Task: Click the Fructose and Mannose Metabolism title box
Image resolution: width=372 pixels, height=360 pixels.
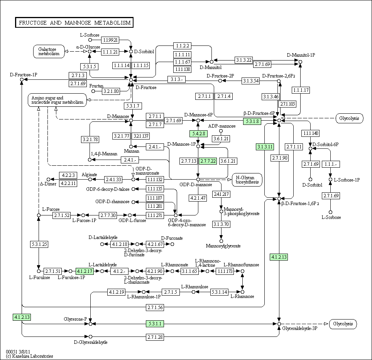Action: [74, 22]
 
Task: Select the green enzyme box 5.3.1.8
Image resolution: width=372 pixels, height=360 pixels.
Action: [252, 121]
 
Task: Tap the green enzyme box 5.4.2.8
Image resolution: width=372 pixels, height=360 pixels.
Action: [199, 134]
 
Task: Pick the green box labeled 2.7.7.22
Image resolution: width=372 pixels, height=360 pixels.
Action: [208, 161]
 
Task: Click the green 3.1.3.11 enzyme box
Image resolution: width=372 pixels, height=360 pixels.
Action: [265, 147]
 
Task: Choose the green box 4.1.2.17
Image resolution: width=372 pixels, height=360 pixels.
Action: [85, 271]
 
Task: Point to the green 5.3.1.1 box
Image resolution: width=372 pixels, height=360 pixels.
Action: [155, 323]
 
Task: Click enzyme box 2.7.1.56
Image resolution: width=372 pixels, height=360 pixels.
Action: [155, 307]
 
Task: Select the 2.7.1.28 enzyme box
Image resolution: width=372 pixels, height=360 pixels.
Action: [155, 337]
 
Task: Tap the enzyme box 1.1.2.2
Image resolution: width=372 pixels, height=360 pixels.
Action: [182, 45]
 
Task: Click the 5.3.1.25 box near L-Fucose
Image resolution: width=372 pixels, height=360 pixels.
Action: [39, 244]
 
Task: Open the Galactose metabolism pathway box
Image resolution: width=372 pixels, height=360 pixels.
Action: [49, 51]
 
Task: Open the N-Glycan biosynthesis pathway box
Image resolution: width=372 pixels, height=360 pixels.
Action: [247, 180]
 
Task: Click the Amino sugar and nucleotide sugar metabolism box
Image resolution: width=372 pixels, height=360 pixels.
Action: [57, 100]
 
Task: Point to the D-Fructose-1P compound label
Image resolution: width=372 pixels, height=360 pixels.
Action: [24, 75]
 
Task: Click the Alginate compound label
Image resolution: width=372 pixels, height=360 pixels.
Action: [89, 175]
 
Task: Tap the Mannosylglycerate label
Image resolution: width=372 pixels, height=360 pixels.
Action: [223, 246]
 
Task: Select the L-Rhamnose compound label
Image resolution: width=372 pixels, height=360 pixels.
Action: [242, 296]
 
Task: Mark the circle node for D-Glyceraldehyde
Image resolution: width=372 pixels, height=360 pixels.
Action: [90, 337]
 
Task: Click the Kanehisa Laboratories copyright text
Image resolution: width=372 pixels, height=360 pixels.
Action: [29, 356]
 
